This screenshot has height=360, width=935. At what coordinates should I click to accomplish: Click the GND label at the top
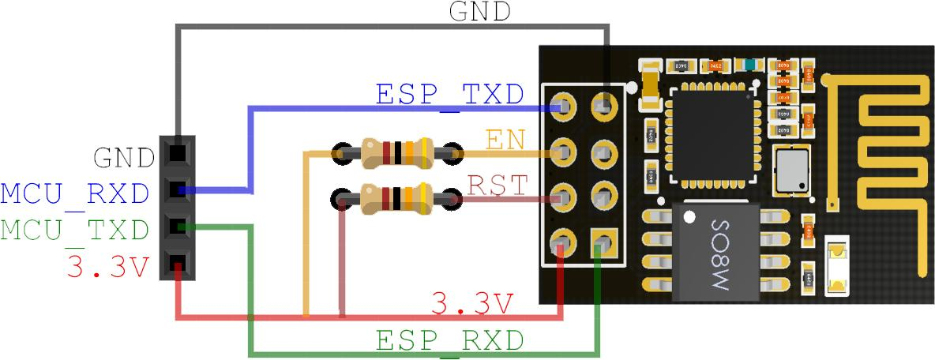[479, 12]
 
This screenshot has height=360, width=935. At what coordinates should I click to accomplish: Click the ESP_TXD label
[449, 95]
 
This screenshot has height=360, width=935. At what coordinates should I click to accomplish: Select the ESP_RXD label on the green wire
[449, 341]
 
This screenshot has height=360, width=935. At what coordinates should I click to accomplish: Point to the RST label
[498, 185]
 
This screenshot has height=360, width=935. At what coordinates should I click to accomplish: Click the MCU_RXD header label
[75, 193]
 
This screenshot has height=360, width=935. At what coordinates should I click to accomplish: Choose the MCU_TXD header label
[75, 231]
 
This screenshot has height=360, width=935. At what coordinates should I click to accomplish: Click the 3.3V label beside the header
[108, 267]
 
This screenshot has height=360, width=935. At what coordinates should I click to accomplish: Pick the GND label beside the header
[122, 158]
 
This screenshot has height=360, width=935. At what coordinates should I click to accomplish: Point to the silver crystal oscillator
[792, 171]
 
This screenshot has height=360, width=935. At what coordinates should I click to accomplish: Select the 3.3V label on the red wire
[472, 302]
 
